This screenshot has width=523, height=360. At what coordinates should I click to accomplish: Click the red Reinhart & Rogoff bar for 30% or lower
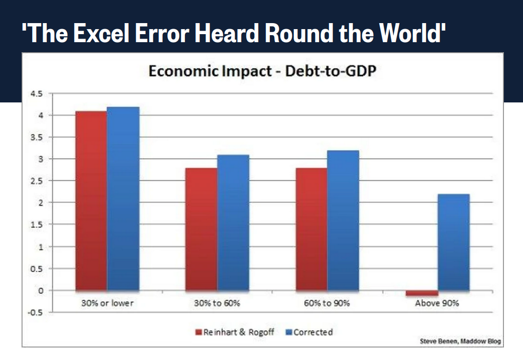(x=91, y=201)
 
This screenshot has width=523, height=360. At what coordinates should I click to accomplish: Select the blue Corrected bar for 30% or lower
(x=123, y=199)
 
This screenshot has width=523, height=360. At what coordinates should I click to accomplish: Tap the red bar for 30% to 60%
(x=201, y=229)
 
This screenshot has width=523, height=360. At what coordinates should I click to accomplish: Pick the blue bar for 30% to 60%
(x=233, y=222)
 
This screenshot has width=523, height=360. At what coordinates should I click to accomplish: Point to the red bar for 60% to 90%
(x=311, y=229)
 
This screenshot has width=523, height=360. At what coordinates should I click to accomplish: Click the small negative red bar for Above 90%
(x=422, y=293)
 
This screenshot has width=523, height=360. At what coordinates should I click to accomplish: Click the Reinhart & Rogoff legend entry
(x=235, y=332)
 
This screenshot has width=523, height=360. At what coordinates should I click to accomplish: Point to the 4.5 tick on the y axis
(x=38, y=94)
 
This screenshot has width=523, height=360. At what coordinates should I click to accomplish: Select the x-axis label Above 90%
(x=437, y=303)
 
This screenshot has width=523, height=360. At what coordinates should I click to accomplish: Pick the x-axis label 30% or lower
(x=107, y=303)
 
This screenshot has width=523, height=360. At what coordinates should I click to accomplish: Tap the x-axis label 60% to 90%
(x=327, y=303)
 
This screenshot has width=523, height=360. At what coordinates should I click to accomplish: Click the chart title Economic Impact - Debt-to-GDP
(x=262, y=72)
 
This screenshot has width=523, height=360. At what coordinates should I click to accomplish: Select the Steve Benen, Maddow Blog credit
(x=460, y=341)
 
